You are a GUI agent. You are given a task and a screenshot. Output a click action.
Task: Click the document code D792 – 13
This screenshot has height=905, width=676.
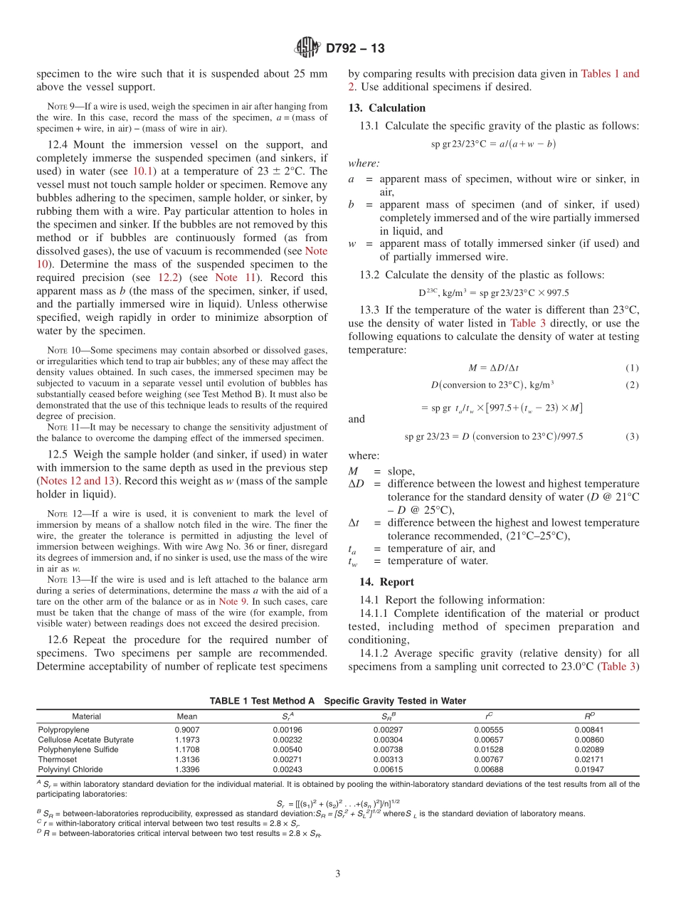click(x=355, y=49)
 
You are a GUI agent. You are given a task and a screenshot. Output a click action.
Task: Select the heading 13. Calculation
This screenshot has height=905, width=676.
click(x=386, y=108)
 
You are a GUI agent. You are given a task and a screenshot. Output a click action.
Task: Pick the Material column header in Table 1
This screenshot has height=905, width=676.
click(x=87, y=716)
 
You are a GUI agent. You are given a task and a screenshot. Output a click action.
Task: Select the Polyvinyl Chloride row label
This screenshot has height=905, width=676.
click(x=70, y=769)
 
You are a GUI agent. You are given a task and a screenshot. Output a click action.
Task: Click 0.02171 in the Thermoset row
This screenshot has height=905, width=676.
click(x=588, y=759)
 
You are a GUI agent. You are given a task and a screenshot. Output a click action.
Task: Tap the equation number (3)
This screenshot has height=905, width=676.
click(x=633, y=437)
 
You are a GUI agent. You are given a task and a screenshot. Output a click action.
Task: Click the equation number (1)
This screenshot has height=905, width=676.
click(x=633, y=368)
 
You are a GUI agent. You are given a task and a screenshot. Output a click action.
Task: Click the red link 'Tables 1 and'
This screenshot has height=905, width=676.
click(x=610, y=73)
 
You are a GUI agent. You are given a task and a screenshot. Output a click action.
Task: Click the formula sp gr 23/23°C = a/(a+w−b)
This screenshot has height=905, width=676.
click(x=493, y=144)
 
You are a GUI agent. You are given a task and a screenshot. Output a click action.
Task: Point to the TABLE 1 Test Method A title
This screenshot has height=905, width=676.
click(x=337, y=701)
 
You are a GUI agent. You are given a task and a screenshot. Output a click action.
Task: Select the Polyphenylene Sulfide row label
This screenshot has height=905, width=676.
click(x=78, y=749)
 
